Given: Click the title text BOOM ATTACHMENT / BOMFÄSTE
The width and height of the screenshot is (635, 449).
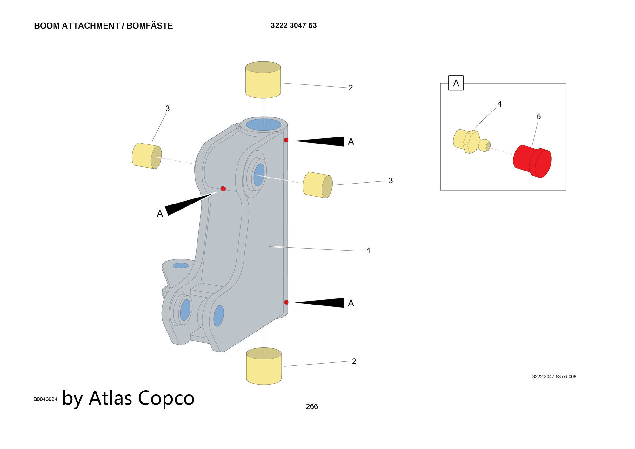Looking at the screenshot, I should tap(103, 26).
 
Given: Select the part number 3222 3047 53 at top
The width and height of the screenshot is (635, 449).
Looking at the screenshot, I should tap(294, 25).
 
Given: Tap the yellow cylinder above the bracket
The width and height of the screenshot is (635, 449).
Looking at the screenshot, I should tap(263, 80).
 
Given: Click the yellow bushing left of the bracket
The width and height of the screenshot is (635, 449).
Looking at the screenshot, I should tap(147, 156).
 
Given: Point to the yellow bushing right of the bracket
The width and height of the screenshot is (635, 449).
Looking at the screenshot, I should tap(317, 185).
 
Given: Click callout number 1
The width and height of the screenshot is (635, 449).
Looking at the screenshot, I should tap(369, 251).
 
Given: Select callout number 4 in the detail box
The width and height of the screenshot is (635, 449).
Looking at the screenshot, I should tap(499, 104).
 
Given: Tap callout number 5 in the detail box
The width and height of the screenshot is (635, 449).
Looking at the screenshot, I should tap(539, 117).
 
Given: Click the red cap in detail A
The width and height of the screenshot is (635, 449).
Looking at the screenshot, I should tap(532, 161).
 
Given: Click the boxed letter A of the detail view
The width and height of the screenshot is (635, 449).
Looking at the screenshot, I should tap(456, 83).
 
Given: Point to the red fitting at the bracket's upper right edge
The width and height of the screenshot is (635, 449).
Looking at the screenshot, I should tap(286, 140).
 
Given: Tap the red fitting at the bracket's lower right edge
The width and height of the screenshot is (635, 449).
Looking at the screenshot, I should tap(286, 302).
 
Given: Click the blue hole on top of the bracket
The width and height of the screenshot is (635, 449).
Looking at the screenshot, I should tap(264, 124).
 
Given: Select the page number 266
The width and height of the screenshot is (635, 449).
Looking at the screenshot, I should tap(312, 406).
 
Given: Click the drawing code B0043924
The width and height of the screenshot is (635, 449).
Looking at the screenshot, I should tap(45, 399).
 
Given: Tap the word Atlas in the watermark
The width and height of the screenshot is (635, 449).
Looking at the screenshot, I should tap(110, 398).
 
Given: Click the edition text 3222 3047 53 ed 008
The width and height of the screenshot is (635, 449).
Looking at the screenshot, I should tap(554, 377).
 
